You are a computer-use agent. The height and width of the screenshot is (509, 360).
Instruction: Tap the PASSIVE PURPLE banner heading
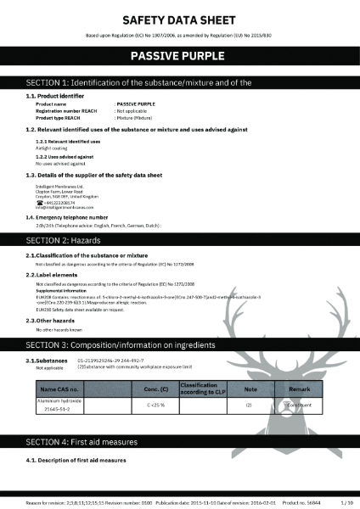tap(179, 57)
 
